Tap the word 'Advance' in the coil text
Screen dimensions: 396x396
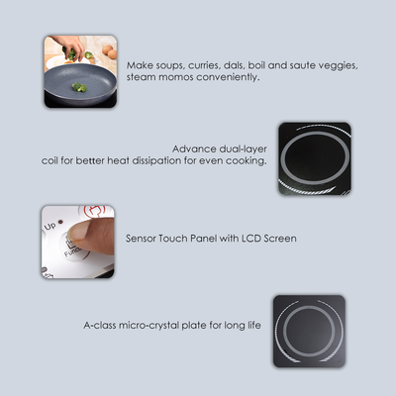coord(192,147)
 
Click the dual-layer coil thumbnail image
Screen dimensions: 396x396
coord(314,159)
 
